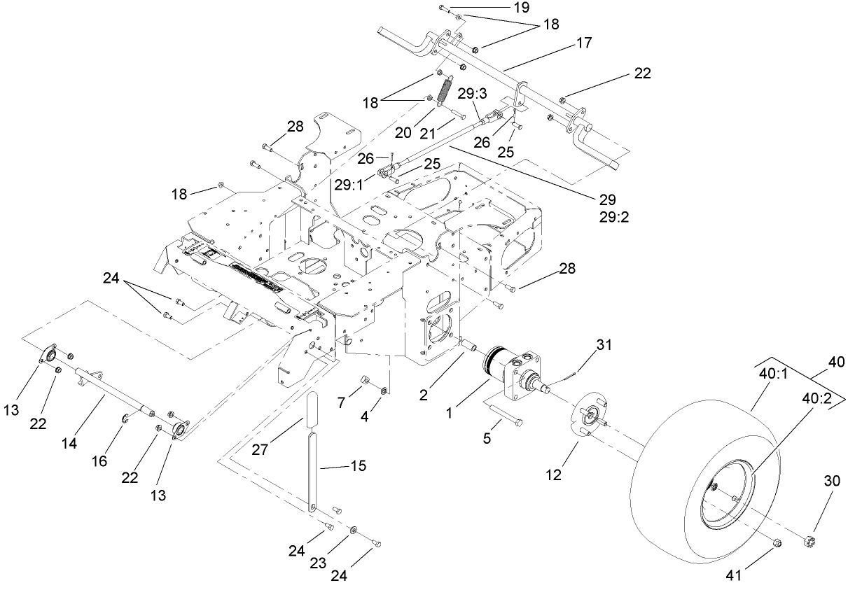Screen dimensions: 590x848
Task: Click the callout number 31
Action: (604, 344)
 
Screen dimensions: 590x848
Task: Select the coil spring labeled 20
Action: (445, 90)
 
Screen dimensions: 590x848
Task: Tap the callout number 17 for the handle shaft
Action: (584, 43)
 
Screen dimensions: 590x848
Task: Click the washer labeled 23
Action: (354, 530)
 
